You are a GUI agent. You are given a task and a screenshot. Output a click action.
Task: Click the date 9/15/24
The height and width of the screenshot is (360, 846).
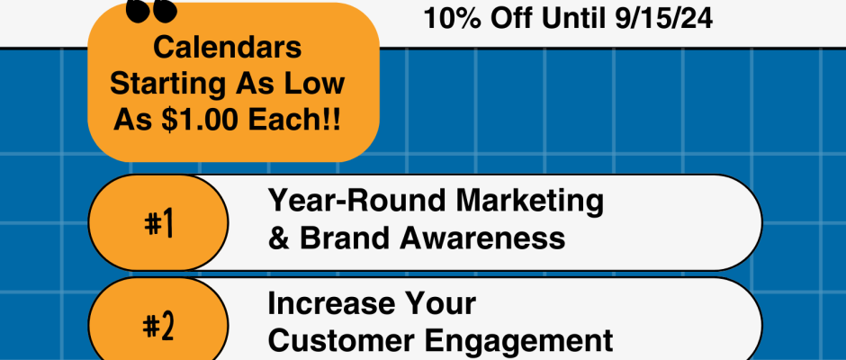point(663,18)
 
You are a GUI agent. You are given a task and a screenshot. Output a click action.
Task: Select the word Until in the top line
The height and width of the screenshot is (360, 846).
point(573,18)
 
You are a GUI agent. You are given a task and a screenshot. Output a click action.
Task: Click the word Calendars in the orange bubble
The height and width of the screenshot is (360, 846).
point(227,47)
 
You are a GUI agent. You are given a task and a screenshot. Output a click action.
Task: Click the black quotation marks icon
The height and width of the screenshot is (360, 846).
point(151,12)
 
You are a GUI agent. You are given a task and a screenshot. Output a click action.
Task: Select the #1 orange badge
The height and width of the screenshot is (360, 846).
point(158,222)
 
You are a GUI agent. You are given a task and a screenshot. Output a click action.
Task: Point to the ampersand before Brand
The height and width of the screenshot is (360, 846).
point(278,238)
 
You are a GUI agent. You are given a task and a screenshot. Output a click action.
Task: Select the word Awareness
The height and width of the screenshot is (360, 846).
point(482,238)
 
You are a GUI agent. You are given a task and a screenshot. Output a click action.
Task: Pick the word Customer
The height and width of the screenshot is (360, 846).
point(341,340)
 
